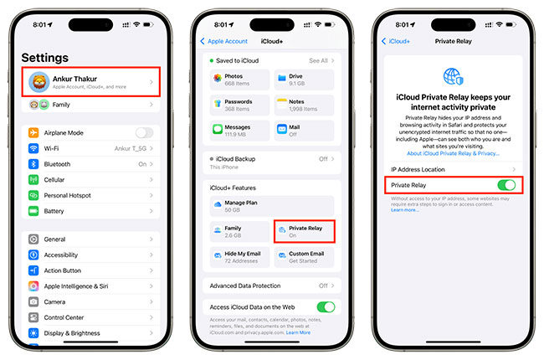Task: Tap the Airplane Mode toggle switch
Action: (144, 132)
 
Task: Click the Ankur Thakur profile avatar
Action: (38, 81)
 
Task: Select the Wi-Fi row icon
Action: (33, 148)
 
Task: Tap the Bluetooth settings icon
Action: (33, 164)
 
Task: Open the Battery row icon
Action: (33, 211)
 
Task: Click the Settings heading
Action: (45, 58)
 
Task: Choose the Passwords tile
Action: (240, 105)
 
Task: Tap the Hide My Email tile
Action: (240, 257)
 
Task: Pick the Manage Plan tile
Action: (271, 206)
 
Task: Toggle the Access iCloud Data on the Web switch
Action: (326, 307)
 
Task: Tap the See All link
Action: (321, 60)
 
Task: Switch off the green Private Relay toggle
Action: (506, 185)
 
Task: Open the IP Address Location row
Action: (452, 169)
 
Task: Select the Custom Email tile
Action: (304, 257)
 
